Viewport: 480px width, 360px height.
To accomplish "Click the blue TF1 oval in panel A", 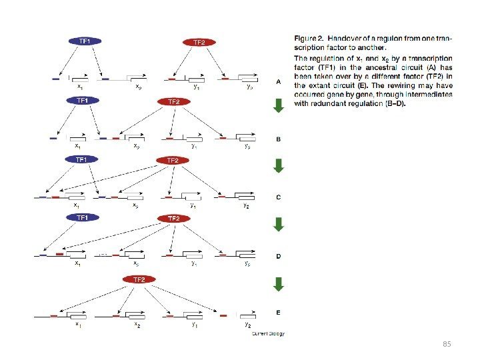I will pos(85,41).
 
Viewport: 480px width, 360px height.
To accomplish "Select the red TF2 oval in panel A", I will pos(199,42).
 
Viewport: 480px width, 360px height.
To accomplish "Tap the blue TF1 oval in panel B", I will pos(82,100).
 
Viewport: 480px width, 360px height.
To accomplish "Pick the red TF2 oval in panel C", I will pos(173,161).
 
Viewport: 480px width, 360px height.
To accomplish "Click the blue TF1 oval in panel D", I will pos(83,217).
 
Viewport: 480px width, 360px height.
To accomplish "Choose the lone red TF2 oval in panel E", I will pos(139,279).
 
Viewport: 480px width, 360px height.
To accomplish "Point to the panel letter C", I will pos(279,197).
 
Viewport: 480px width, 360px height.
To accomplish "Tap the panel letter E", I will pos(279,312).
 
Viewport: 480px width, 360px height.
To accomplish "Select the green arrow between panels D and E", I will pos(279,284).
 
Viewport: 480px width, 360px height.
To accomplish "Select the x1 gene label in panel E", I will pos(77,325).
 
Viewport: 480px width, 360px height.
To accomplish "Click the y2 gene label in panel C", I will pos(246,206).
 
